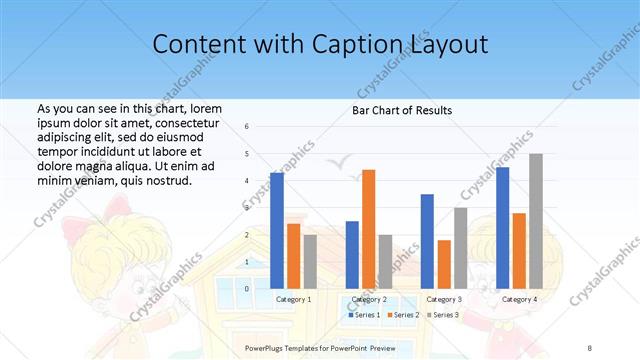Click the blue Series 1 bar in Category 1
(277, 230)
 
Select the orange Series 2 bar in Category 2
(369, 229)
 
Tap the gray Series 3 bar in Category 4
(536, 221)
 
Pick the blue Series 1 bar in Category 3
(427, 241)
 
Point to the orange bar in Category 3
(444, 264)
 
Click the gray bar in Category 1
(310, 261)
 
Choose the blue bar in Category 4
(502, 228)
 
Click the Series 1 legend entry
(364, 315)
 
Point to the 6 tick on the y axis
(247, 127)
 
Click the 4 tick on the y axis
(247, 181)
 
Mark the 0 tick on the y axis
(247, 289)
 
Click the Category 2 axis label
(369, 299)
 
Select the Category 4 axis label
(519, 299)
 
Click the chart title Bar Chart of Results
(402, 110)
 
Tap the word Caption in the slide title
(362, 44)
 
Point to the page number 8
(590, 347)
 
